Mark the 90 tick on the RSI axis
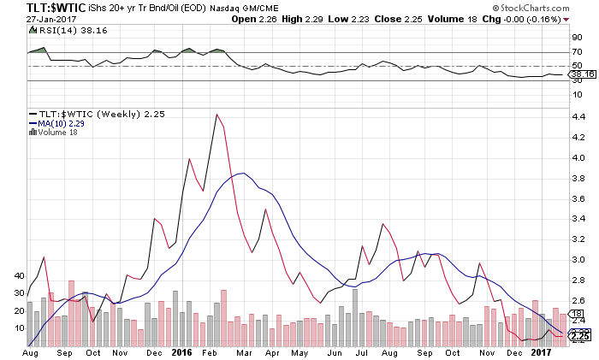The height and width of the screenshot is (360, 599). coord(577,38)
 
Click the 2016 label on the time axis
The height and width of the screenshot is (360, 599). coord(181,351)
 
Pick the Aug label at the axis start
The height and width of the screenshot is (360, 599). coord(29,351)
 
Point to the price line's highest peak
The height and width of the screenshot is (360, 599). coord(216,115)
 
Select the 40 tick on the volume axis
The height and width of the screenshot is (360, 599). coord(20,276)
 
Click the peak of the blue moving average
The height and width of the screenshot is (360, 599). coord(245,174)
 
